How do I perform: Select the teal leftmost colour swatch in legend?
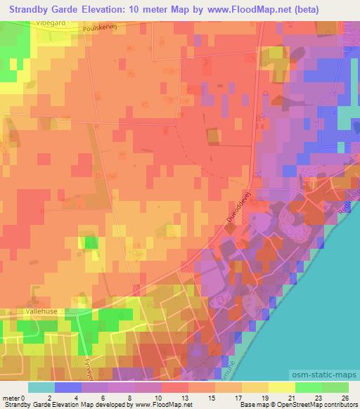[x=41, y=387]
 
